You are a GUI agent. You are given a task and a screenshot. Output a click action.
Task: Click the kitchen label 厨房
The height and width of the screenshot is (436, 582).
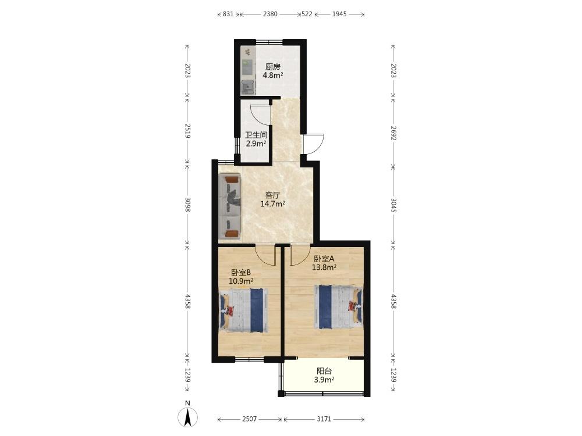tap(272, 67)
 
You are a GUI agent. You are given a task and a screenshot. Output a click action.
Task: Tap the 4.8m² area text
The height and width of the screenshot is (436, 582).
tap(273, 76)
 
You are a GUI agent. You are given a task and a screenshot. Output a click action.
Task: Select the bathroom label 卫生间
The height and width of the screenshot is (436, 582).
tap(256, 135)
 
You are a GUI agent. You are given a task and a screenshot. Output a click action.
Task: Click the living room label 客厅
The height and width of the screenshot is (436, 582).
tap(272, 195)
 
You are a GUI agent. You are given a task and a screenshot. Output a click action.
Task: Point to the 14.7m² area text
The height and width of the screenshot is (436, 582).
tap(273, 203)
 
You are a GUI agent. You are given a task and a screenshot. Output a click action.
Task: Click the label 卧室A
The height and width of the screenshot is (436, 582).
tap(324, 259)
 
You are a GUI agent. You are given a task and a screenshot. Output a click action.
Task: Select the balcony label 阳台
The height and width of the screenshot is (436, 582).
tap(324, 371)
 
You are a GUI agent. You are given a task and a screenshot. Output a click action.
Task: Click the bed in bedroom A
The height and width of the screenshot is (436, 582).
tap(338, 306)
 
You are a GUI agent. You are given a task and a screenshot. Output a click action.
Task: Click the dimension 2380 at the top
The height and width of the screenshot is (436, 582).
tap(270, 14)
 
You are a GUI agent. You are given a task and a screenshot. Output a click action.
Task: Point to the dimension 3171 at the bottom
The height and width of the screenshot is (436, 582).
tap(324, 419)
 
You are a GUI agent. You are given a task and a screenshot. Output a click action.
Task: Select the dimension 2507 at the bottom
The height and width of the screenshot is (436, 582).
tap(250, 419)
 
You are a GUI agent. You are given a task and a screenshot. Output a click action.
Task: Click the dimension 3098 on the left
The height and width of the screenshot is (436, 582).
tap(187, 204)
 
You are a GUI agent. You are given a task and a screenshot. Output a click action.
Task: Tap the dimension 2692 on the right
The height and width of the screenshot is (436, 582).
tap(394, 133)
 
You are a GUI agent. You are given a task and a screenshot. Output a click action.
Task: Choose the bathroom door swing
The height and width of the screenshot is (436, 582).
tap(261, 115)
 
